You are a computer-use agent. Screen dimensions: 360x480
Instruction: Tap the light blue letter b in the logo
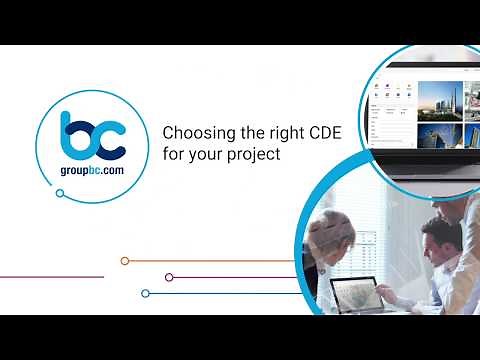tap(77, 137)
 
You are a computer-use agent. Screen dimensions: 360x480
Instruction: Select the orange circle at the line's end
tap(125, 261)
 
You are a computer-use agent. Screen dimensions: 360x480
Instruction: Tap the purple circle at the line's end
tap(169, 277)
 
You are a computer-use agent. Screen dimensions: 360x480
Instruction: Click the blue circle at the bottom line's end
tap(146, 293)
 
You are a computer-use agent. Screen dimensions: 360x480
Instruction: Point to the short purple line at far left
tap(50, 277)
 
